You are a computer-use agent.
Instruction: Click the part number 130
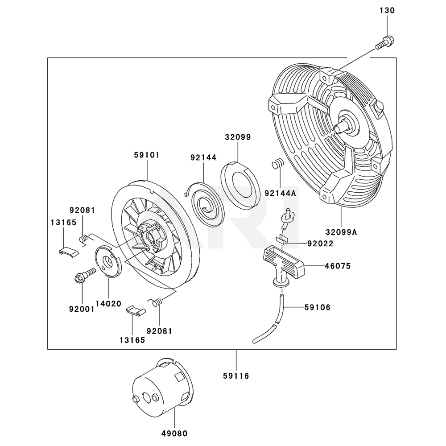(387, 10)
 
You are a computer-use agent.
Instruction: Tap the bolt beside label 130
(384, 42)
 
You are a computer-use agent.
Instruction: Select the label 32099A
(341, 232)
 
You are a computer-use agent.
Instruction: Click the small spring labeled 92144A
(277, 164)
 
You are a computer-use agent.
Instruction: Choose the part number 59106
(317, 307)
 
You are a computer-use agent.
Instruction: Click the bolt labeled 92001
(85, 276)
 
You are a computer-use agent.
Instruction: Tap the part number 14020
(108, 303)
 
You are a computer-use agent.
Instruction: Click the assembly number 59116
(236, 376)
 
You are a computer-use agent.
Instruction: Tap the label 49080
(174, 433)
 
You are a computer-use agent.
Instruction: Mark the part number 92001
(82, 307)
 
